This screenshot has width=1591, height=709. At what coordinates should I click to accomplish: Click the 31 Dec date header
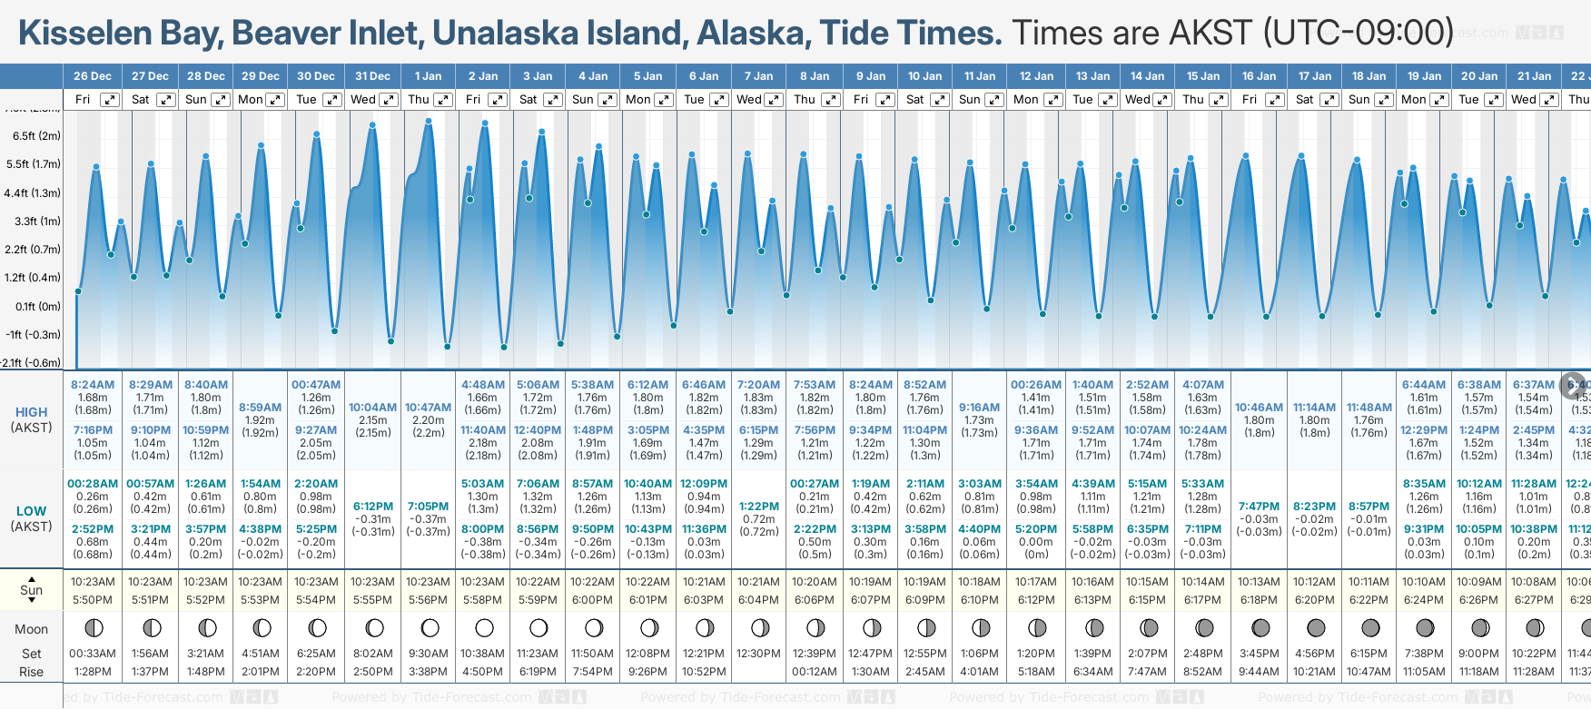point(372,76)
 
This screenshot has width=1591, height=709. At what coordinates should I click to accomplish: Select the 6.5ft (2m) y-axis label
point(36,136)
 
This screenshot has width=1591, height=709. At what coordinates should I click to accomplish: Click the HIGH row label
point(31,412)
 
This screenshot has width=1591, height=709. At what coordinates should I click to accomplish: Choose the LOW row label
point(31,511)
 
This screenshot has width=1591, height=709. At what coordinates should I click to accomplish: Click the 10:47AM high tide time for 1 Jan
point(428,408)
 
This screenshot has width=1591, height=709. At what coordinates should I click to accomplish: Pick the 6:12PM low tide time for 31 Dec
point(372,507)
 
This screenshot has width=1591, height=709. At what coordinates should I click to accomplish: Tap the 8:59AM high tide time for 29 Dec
point(261,408)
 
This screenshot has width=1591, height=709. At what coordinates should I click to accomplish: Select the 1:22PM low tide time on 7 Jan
point(758,507)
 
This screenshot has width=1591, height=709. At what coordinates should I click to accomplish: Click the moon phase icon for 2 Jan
point(484,628)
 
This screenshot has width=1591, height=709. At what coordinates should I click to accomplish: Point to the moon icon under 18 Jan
point(1370,628)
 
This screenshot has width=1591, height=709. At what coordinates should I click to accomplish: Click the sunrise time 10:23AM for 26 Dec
point(93,582)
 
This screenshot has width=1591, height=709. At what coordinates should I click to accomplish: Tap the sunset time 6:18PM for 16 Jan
point(1259,600)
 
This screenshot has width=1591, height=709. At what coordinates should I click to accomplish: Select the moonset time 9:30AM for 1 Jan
point(428,654)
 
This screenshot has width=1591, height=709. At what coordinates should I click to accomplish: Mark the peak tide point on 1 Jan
point(429,121)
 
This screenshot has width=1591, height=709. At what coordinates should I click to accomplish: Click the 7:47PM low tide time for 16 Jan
point(1259,507)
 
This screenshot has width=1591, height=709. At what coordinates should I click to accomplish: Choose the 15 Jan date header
point(1203,76)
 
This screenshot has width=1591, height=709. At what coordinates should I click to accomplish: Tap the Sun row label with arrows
point(31,589)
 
